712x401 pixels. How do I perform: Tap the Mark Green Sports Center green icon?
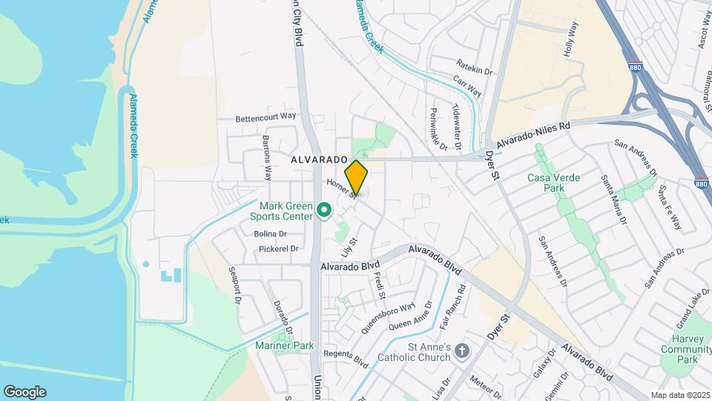click(x=323, y=212)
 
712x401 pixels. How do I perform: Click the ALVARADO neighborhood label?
click(x=319, y=160)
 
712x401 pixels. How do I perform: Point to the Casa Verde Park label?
click(x=553, y=183)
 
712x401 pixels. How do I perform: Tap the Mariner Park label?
click(x=285, y=345)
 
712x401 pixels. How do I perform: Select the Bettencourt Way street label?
click(x=266, y=117)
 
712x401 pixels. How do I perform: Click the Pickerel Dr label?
click(x=279, y=249)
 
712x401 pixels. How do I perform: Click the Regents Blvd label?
click(x=346, y=359)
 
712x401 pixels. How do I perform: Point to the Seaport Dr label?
click(x=235, y=286)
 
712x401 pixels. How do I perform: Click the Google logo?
click(x=24, y=392)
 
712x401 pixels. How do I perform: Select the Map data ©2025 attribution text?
click(x=679, y=395)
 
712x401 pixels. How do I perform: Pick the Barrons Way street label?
click(x=267, y=158)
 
